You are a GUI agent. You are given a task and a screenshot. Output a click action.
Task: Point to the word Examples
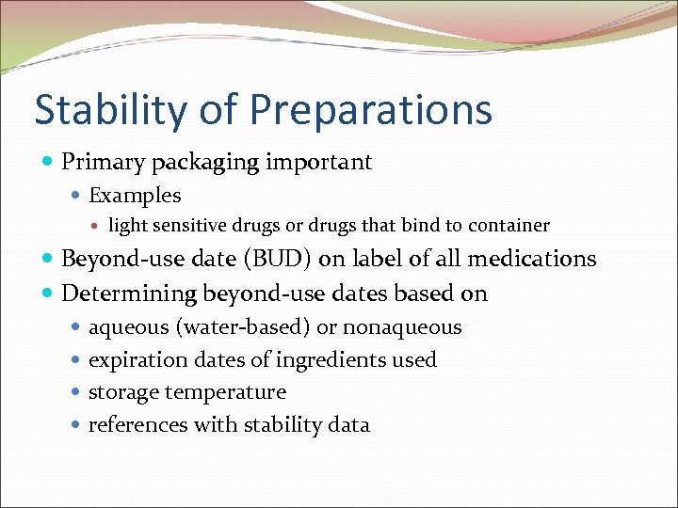click(135, 196)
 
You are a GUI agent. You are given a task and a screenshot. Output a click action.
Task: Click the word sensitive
click(186, 226)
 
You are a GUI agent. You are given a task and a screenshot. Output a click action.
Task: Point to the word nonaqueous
click(402, 327)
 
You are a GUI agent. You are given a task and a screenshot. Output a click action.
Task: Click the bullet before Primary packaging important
click(48, 163)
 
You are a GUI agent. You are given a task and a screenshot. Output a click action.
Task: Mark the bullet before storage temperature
click(76, 392)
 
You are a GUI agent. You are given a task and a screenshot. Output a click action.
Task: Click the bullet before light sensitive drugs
click(98, 226)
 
